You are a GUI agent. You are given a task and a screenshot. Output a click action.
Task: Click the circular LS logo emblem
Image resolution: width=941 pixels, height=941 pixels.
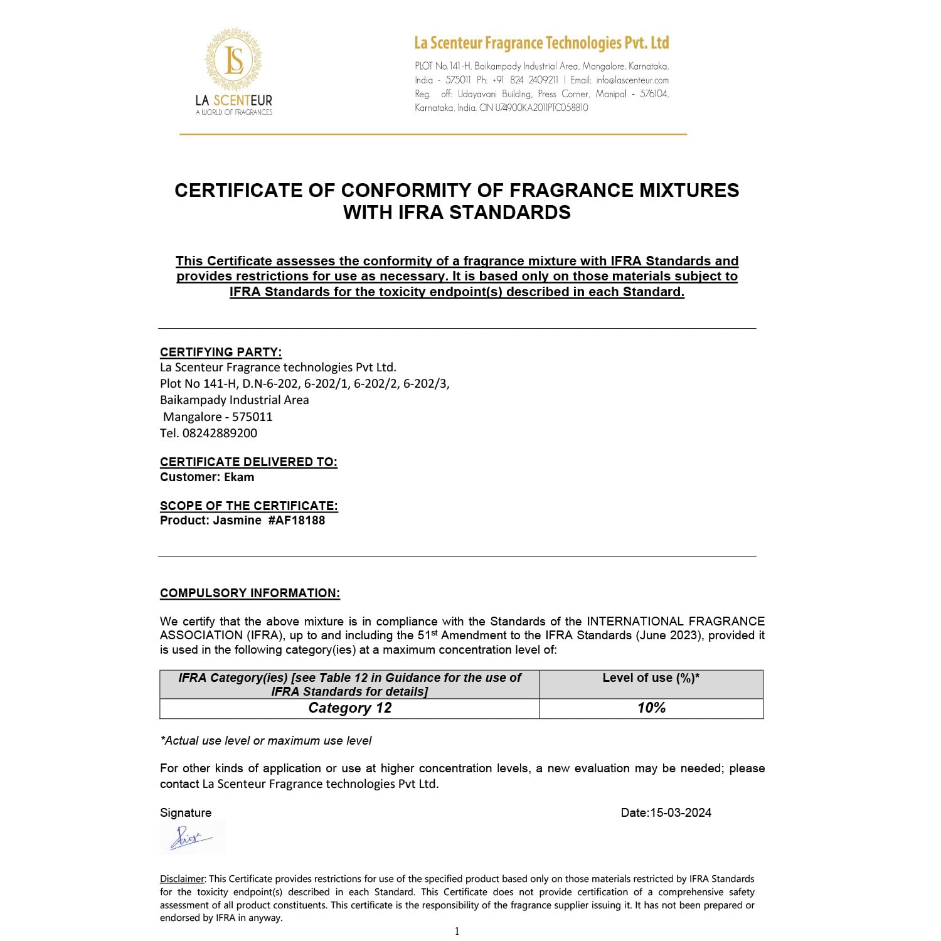click(x=233, y=60)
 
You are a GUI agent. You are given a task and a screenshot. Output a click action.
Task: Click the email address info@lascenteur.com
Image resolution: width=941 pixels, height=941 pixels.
click(x=632, y=80)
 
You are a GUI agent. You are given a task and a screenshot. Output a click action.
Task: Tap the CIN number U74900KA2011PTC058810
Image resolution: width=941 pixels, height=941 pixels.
click(x=541, y=108)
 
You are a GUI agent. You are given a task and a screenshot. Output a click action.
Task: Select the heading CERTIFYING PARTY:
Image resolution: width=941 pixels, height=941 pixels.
click(x=221, y=352)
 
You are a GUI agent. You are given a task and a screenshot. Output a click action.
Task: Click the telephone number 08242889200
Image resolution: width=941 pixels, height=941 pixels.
click(x=220, y=433)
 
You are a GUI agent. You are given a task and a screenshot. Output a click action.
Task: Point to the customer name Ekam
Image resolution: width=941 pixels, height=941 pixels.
click(x=239, y=477)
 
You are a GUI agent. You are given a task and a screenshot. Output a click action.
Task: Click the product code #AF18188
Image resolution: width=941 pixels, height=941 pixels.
click(x=296, y=520)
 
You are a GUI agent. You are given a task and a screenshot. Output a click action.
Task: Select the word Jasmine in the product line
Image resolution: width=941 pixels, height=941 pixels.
click(x=237, y=520)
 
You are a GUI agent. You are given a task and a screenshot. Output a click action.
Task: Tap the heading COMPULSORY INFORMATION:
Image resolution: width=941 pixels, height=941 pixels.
click(x=250, y=593)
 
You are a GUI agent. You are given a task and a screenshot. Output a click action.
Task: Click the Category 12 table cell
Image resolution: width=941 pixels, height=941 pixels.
click(x=349, y=708)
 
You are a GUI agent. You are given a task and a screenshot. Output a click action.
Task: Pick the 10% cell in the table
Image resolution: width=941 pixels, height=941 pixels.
click(x=651, y=708)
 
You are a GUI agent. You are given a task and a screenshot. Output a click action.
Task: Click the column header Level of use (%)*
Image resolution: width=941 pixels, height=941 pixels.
click(x=651, y=678)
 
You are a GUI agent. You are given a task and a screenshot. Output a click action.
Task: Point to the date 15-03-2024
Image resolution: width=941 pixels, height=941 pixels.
click(x=681, y=812)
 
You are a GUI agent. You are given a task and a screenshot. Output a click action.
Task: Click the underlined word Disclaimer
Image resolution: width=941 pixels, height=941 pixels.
click(x=182, y=879)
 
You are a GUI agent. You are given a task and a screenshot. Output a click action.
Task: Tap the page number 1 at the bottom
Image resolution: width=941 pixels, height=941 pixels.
click(x=457, y=931)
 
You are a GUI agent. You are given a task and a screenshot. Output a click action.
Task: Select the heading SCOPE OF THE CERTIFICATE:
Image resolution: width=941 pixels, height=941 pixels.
click(x=248, y=506)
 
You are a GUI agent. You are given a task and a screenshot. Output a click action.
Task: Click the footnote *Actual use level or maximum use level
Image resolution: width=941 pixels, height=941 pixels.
click(x=266, y=741)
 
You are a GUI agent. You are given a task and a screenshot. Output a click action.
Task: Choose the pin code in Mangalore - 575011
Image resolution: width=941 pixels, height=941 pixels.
click(x=252, y=417)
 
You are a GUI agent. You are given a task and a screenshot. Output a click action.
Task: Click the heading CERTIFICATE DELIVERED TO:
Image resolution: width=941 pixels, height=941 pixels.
click(x=248, y=462)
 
